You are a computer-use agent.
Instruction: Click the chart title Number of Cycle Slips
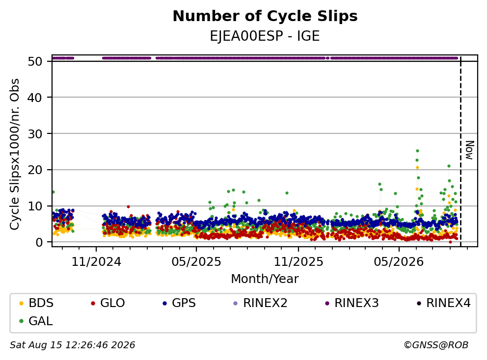(x=265, y=16)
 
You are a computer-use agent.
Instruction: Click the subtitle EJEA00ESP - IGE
(x=265, y=36)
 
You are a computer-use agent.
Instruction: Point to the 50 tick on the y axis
(x=35, y=61)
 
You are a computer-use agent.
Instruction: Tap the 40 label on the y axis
(x=35, y=98)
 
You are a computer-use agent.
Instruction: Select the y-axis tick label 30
(x=35, y=134)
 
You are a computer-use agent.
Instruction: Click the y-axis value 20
(x=35, y=170)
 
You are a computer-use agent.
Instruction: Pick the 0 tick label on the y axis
(x=39, y=242)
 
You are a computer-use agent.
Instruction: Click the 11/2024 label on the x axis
(x=96, y=262)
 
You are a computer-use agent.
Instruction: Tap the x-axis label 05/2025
(x=196, y=262)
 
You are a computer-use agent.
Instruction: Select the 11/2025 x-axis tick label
(x=298, y=262)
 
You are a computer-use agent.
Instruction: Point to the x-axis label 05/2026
(x=399, y=262)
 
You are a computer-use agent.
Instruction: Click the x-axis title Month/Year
(x=265, y=279)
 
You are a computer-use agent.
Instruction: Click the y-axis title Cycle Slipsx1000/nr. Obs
(x=14, y=154)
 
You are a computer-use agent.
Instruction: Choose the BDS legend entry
(x=36, y=303)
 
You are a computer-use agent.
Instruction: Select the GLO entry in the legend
(x=108, y=303)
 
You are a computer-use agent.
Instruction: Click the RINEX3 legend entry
(x=352, y=303)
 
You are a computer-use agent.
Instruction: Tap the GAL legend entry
(x=36, y=321)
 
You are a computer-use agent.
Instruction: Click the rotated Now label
(x=469, y=151)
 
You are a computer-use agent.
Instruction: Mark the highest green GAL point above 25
(x=417, y=151)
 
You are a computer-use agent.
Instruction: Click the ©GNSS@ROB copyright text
(x=436, y=345)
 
